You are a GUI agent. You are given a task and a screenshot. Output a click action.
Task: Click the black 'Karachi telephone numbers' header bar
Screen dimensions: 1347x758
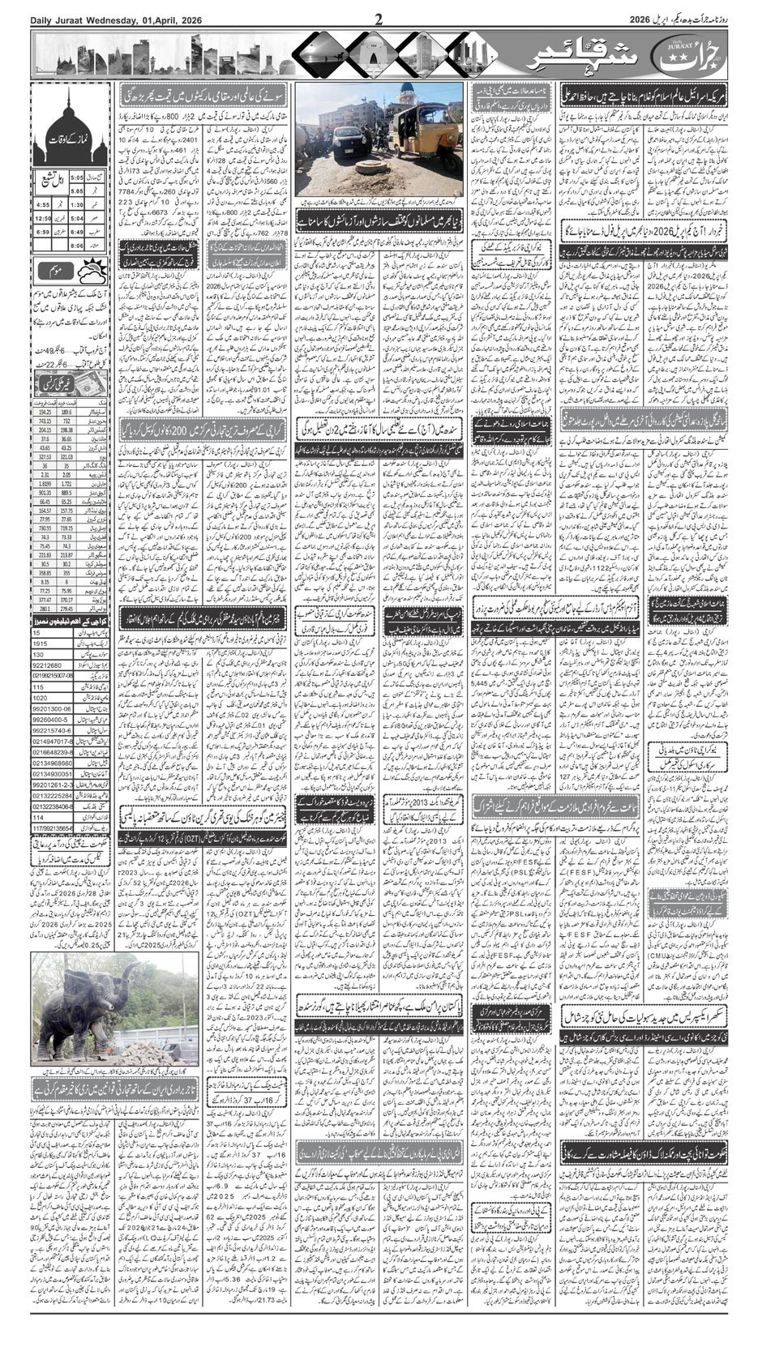coord(71,621)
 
